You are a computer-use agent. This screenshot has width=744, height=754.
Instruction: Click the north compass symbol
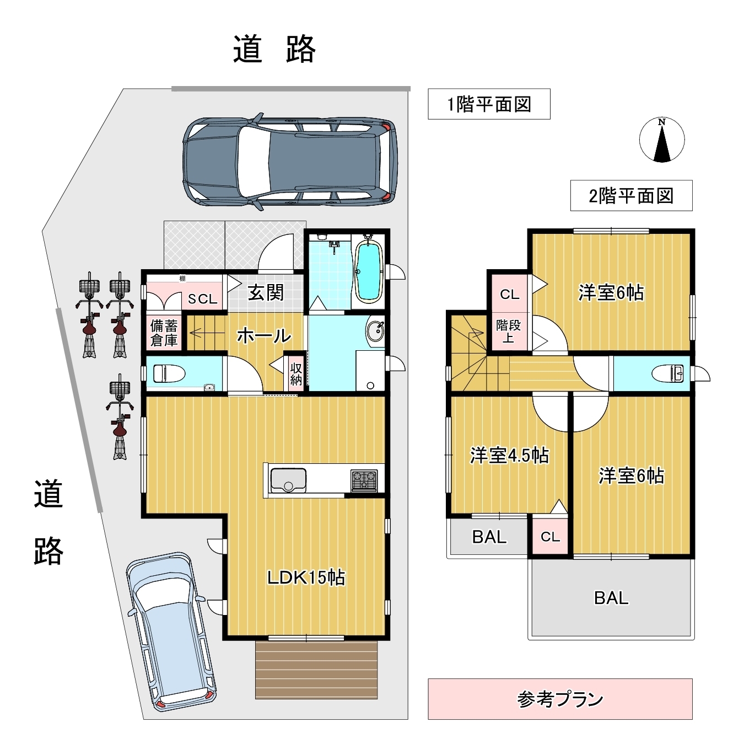point(662,140)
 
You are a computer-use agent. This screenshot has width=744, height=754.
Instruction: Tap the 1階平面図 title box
point(489,104)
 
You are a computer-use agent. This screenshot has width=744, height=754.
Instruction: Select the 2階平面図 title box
point(632,196)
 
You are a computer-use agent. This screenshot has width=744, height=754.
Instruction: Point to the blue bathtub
point(369,271)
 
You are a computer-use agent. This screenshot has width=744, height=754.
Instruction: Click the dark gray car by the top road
point(290,162)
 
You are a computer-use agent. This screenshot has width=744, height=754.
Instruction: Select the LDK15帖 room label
point(306,577)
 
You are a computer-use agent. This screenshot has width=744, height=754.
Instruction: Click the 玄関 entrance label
point(266,292)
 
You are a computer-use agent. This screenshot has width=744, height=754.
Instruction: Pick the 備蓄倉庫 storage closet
point(164,333)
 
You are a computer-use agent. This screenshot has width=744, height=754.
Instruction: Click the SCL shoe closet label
point(202,300)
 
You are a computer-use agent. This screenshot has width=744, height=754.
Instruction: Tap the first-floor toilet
point(168,373)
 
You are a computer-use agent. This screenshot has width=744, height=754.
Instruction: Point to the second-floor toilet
point(668,373)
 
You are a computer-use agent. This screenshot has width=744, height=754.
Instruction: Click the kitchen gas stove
point(364,480)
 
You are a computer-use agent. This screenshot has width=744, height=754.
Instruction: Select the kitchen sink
point(288,480)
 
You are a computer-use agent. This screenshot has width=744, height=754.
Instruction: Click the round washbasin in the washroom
point(376,331)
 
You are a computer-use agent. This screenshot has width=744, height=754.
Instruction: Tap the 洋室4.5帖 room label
point(509,456)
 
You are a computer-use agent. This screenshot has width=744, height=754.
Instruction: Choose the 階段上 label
point(508,331)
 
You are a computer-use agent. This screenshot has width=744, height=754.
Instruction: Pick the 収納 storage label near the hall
point(296,373)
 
